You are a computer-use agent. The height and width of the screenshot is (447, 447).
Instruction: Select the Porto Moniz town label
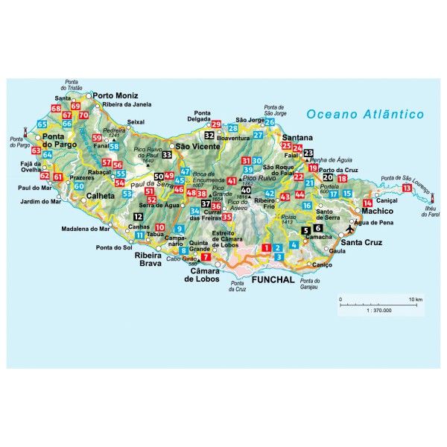click(x=116, y=95)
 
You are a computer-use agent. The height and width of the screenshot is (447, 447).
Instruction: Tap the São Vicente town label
click(x=197, y=146)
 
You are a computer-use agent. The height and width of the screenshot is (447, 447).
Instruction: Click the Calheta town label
click(x=101, y=197)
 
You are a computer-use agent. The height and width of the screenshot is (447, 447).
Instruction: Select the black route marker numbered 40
click(x=246, y=190)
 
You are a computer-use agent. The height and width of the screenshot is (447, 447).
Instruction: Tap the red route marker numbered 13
click(x=405, y=189)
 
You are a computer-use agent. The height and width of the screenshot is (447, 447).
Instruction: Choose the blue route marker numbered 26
click(x=270, y=122)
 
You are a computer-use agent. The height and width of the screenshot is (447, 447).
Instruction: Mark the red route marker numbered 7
click(x=206, y=257)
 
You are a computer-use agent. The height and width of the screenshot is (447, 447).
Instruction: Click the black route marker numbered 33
click(x=167, y=154)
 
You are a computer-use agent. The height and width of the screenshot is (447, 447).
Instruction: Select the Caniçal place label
click(x=389, y=201)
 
